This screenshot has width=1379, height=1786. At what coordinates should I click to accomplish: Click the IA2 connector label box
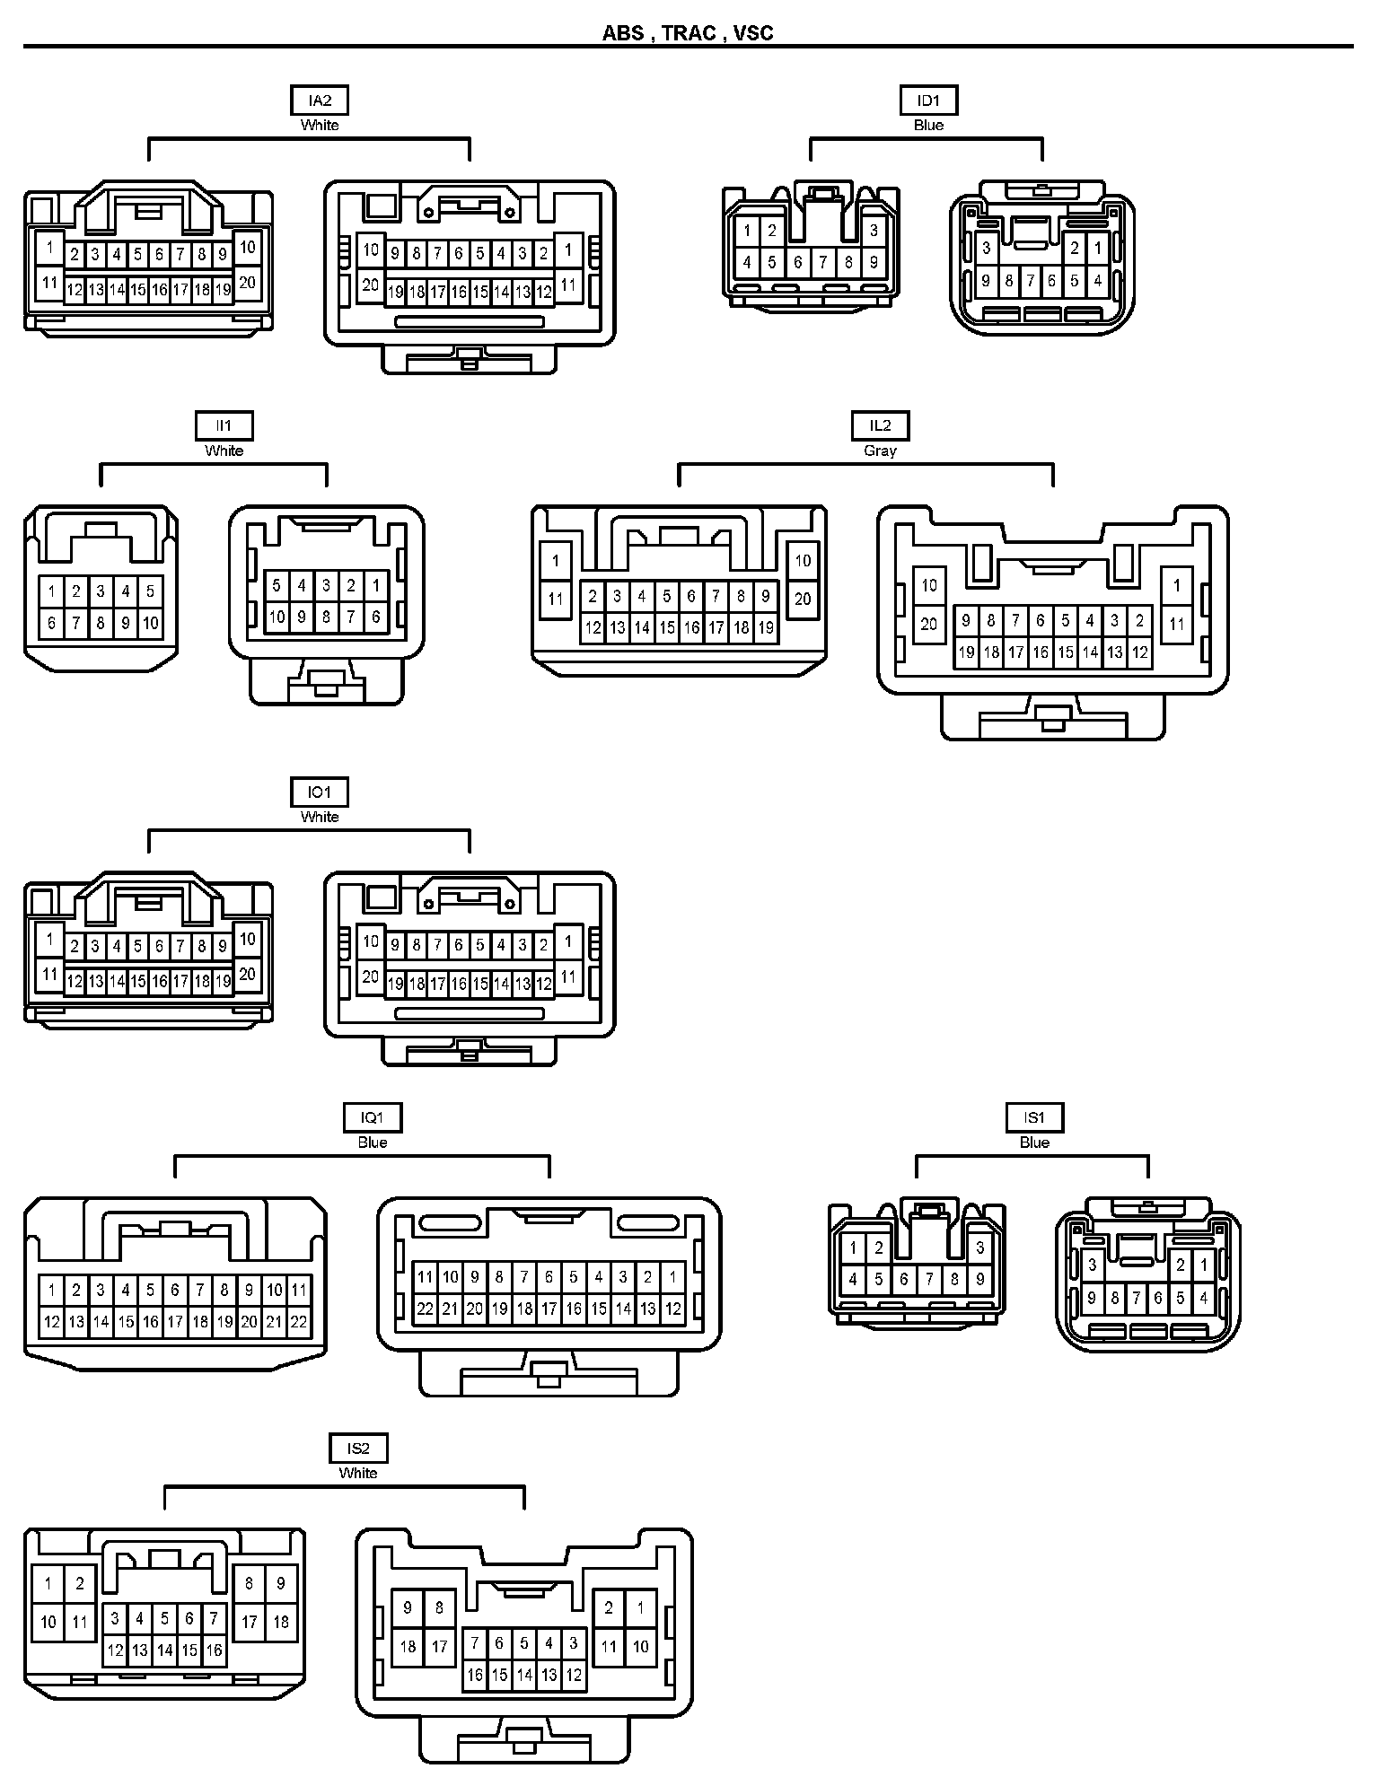[x=320, y=101]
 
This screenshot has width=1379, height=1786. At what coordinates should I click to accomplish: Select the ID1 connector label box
[x=928, y=101]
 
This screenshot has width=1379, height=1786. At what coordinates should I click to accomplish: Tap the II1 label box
[x=224, y=425]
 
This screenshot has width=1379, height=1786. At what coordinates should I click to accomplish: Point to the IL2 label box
[x=880, y=425]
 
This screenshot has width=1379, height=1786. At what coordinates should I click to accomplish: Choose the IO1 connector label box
[x=320, y=792]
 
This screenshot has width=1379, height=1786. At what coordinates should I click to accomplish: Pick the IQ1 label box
[x=373, y=1117]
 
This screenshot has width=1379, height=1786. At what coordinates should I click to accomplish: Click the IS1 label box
[x=1034, y=1117]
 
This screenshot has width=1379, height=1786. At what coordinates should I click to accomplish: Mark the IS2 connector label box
[x=358, y=1448]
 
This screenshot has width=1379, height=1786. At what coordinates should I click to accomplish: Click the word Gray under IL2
[x=880, y=451]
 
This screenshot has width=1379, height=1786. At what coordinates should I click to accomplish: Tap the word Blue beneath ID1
[x=928, y=126]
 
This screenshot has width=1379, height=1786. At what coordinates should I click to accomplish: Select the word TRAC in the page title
[x=689, y=33]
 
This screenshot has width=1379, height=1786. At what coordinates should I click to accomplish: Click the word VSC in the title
[x=753, y=33]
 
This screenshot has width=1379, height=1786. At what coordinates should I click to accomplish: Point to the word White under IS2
[x=358, y=1473]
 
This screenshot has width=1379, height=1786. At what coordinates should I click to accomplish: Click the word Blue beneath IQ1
[x=373, y=1143]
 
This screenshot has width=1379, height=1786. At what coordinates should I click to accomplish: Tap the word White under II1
[x=224, y=451]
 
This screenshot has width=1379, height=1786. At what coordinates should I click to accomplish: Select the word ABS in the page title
[x=623, y=33]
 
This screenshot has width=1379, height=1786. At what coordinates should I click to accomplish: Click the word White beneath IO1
[x=320, y=818]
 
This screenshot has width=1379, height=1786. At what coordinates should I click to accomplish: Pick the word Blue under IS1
[x=1034, y=1143]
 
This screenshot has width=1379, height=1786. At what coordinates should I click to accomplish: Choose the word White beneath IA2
[x=320, y=126]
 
